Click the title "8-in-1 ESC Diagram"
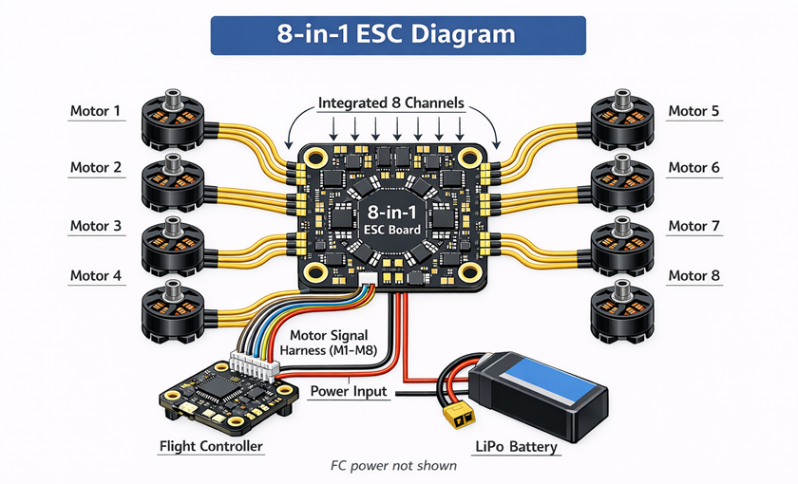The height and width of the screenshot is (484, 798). pyautogui.click(x=397, y=34)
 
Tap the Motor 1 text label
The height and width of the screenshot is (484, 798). pyautogui.click(x=96, y=111)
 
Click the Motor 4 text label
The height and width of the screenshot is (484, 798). pyautogui.click(x=96, y=276)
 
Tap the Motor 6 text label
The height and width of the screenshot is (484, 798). pyautogui.click(x=693, y=168)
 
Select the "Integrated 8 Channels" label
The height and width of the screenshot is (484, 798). pyautogui.click(x=390, y=102)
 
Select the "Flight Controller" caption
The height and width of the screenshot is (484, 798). pyautogui.click(x=211, y=446)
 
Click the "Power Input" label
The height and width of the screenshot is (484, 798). pyautogui.click(x=350, y=391)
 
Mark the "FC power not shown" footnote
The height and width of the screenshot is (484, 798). pyautogui.click(x=393, y=466)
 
